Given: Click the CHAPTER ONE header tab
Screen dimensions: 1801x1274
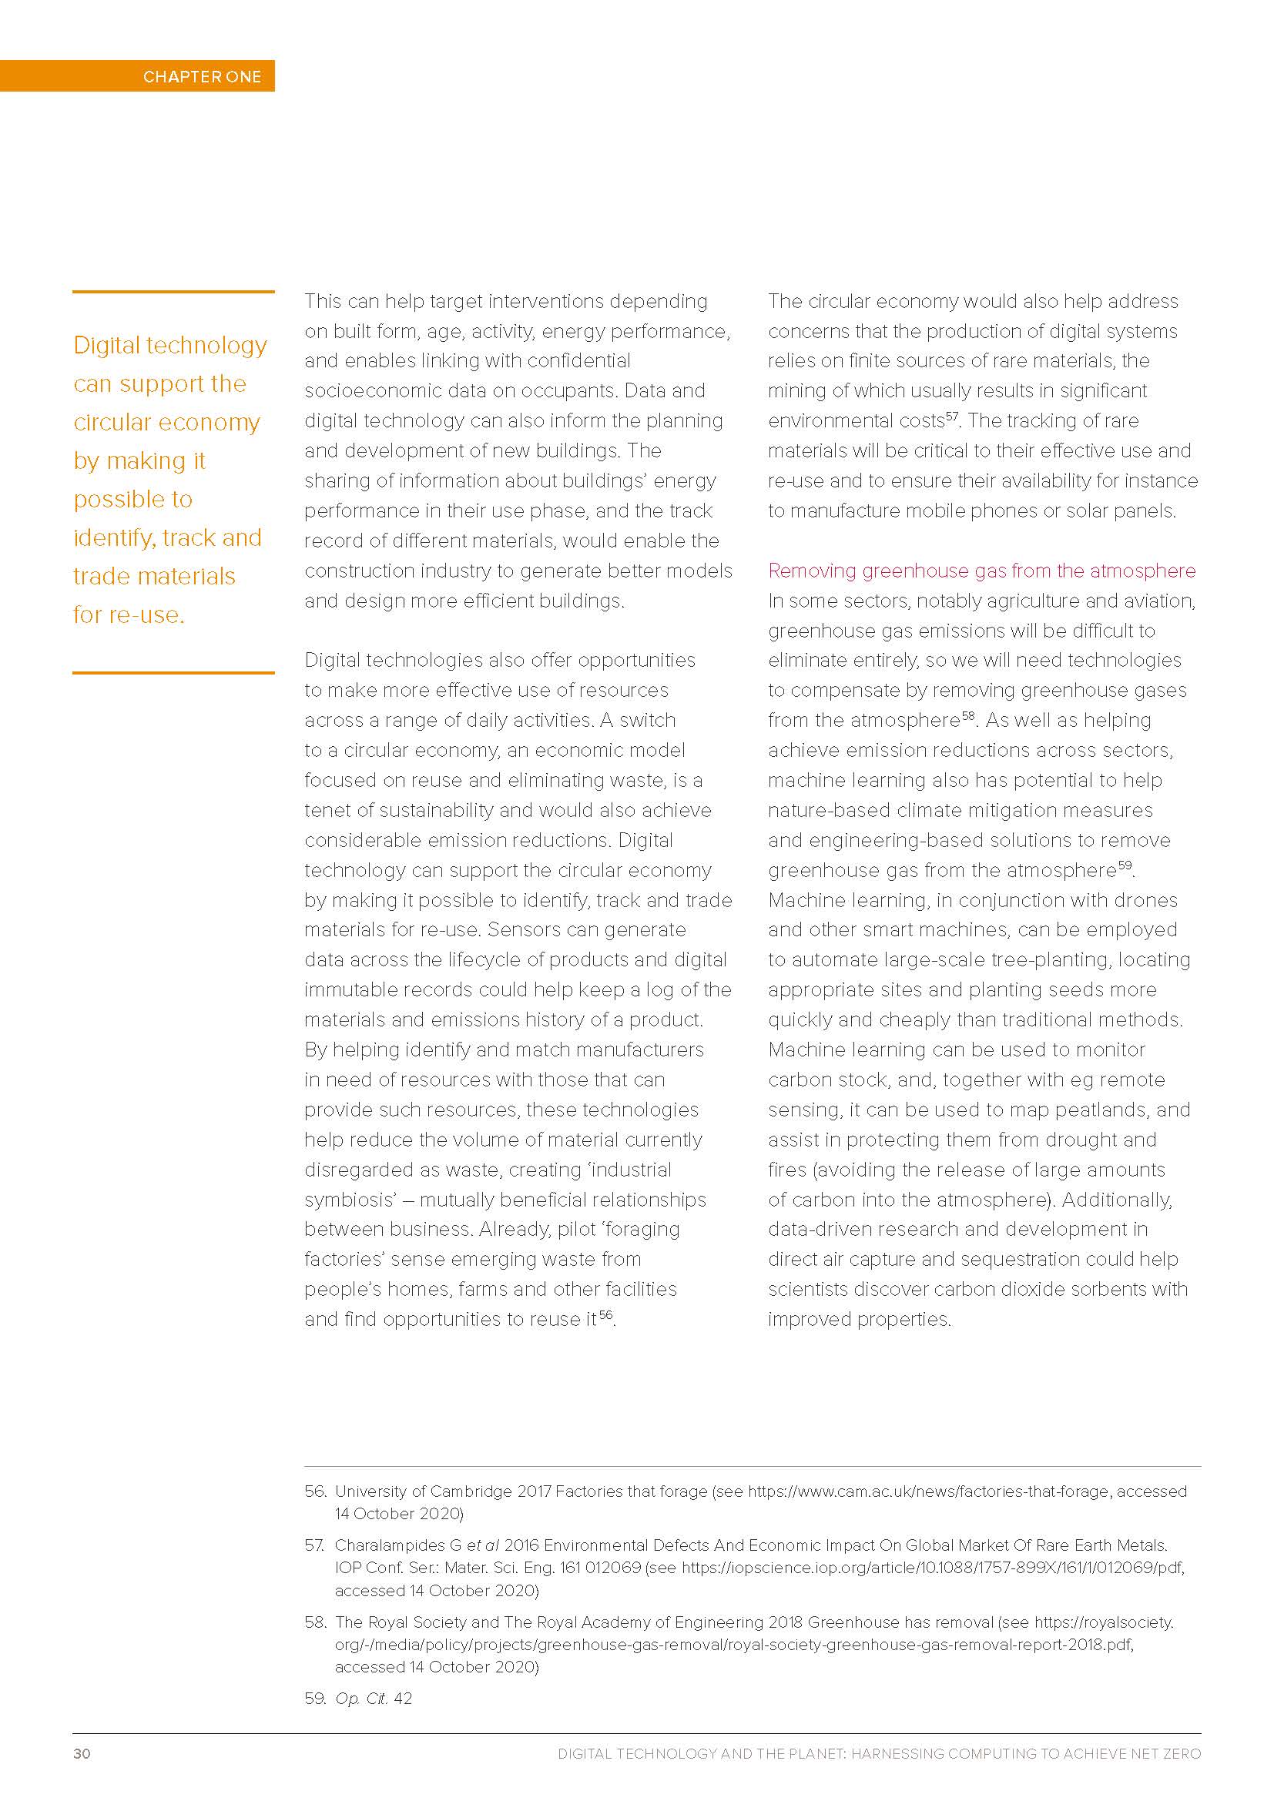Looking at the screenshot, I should click(x=202, y=76).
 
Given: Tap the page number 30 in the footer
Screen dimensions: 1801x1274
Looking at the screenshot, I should click(x=82, y=1754).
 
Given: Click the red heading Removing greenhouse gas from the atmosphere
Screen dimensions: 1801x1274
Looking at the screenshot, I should click(x=981, y=571).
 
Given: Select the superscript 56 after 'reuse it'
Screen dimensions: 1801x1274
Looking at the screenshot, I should click(x=605, y=1314).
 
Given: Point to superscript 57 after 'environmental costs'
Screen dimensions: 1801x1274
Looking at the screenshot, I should click(x=951, y=416).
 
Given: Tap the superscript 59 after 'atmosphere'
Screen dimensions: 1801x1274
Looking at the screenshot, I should click(x=1125, y=865).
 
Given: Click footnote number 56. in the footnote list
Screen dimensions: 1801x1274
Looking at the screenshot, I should click(x=315, y=1491).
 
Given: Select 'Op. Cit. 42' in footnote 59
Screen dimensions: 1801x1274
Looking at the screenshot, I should click(x=374, y=1699).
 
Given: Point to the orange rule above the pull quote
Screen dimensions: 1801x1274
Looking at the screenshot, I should click(x=173, y=292).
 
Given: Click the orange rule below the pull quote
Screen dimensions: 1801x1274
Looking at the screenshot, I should click(x=173, y=672).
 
